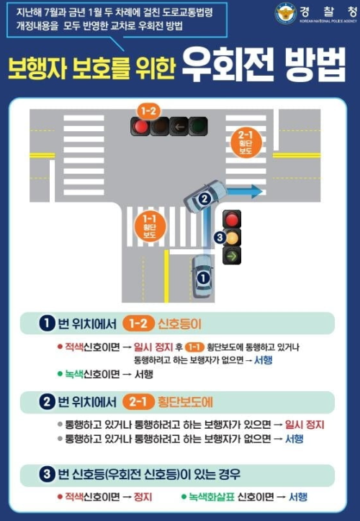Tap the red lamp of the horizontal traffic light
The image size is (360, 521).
coord(140,126)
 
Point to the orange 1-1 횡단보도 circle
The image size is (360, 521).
coord(150,224)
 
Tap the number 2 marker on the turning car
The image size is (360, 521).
coord(204,197)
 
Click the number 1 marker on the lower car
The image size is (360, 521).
coord(202,275)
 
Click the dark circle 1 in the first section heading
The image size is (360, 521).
coord(47,323)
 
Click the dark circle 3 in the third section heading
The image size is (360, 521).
coord(47,474)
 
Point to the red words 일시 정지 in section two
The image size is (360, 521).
coord(303,424)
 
